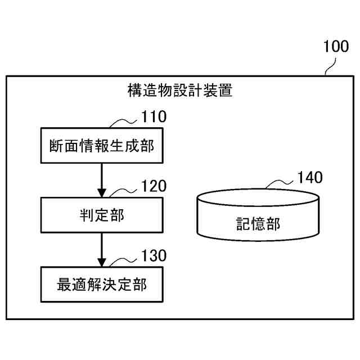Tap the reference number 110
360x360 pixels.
(153, 117)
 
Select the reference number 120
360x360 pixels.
(153, 186)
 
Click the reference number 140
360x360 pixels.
(310, 178)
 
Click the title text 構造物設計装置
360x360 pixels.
(180, 91)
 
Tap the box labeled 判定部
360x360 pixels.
(102, 215)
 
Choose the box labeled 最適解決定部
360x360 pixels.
(102, 285)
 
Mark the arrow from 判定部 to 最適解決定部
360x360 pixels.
(102, 250)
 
